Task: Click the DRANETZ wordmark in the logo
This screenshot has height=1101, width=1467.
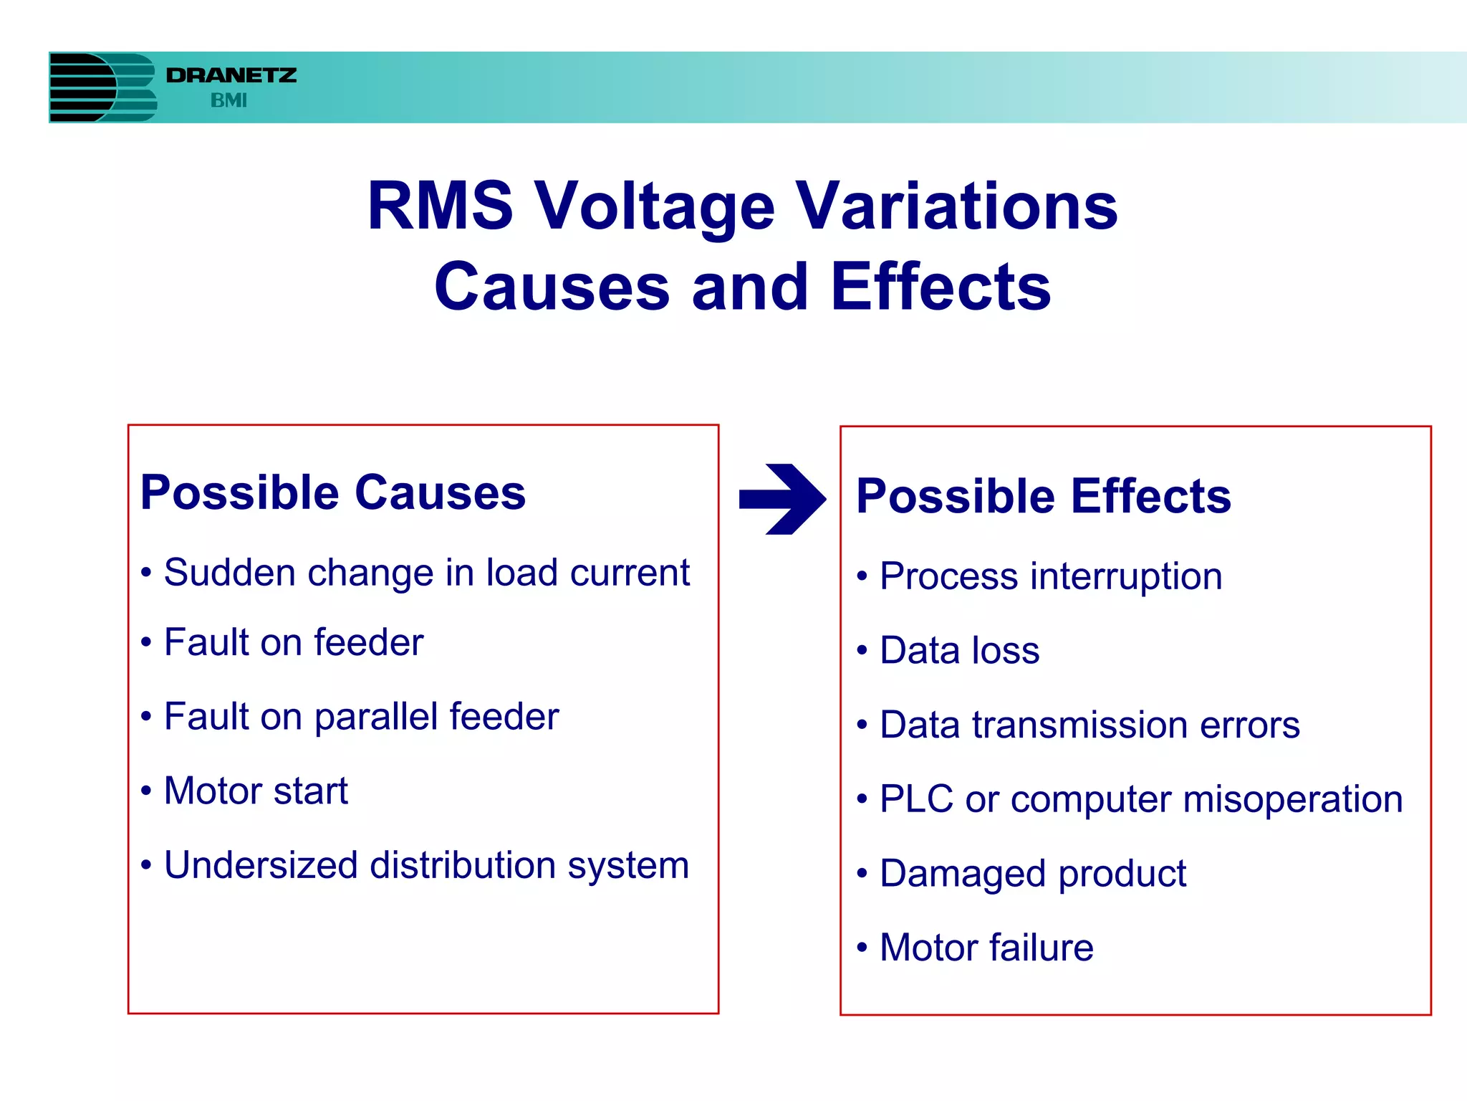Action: (231, 75)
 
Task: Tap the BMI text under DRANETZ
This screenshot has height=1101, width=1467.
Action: (229, 101)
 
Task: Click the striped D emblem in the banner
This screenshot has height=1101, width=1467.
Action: (102, 87)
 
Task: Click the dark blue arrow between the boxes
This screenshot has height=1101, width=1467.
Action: (782, 499)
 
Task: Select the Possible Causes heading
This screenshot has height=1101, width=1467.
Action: (333, 492)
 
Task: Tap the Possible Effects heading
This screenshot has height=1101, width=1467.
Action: (1043, 496)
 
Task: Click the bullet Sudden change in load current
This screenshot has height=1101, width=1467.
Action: (426, 573)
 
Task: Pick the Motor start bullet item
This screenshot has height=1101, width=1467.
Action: (256, 791)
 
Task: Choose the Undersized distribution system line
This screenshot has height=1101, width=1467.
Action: (426, 865)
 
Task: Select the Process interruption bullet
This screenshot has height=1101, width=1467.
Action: (1050, 576)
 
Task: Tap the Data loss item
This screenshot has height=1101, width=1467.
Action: (959, 650)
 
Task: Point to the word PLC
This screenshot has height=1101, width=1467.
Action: (916, 799)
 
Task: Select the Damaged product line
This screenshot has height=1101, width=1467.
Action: (1032, 874)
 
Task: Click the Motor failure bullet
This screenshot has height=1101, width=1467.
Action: (986, 948)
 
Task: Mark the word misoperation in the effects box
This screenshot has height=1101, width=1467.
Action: (1292, 799)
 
